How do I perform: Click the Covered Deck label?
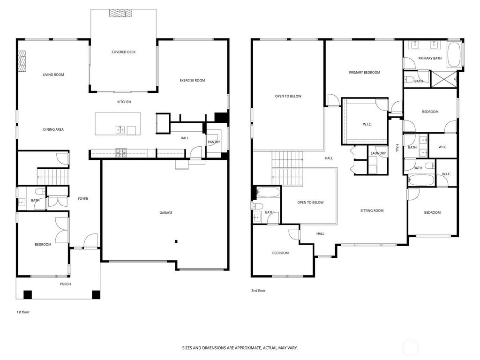(x=123, y=52)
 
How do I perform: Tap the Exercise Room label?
(x=192, y=81)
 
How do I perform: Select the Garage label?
(x=166, y=213)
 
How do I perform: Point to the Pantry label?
(x=214, y=142)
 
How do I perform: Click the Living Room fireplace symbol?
(x=22, y=61)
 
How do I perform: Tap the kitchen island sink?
(x=120, y=130)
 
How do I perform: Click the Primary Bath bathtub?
(x=454, y=55)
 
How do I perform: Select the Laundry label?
(x=378, y=153)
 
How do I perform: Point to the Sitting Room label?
(x=372, y=210)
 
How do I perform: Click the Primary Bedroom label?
(x=365, y=73)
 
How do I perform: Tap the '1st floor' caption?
(x=23, y=312)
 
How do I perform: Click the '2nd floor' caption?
(x=258, y=291)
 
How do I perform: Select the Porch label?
(x=65, y=284)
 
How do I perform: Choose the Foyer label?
(x=83, y=199)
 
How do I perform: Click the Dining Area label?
(x=53, y=129)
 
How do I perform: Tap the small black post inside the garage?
(x=176, y=241)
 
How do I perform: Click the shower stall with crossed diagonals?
(x=443, y=79)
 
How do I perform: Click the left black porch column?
(x=28, y=294)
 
